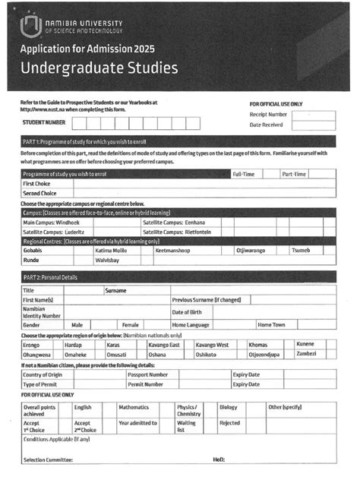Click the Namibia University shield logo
pos(30,28)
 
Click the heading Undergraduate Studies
pos(99,68)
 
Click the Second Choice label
pos(43,194)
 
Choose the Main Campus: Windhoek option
pos(52,223)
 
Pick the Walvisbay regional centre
pos(108,260)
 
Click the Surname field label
pos(115,290)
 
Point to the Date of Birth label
pos(187,312)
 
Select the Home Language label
pos(191,324)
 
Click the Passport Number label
pos(147,374)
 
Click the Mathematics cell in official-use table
pos(134,407)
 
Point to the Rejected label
pos(229,423)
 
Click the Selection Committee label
pos(49,460)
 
